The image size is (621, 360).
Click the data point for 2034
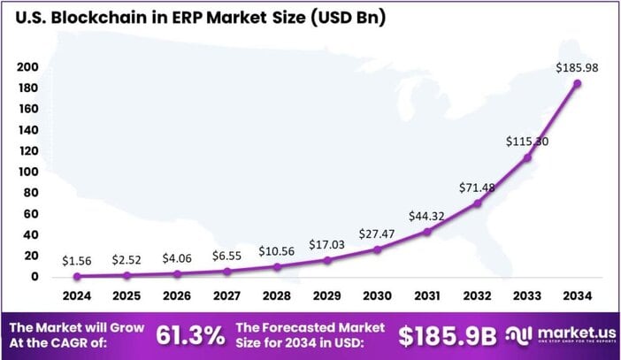tap(578, 83)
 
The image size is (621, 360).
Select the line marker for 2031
tap(427, 232)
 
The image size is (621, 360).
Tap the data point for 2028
tap(277, 266)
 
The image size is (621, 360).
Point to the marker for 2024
tap(77, 276)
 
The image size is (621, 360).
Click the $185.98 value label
tap(577, 67)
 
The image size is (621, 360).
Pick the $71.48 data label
tap(478, 188)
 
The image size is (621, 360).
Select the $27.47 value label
tap(377, 234)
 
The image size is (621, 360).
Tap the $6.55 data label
tap(226, 257)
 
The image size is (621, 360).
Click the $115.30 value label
tap(527, 141)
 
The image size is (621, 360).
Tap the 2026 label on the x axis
tap(177, 295)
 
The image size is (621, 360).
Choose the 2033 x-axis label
tap(527, 295)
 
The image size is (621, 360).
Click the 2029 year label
tap(327, 295)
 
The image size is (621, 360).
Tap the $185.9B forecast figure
tap(448, 336)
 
